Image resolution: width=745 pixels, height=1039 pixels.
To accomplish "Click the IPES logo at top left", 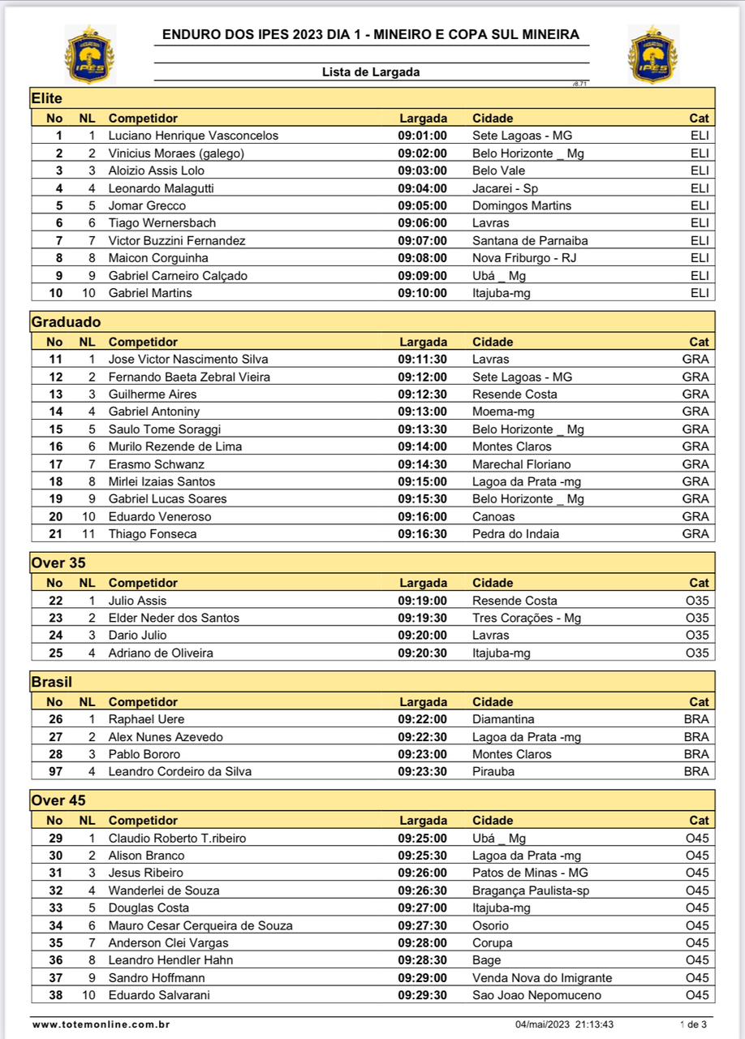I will [x=89, y=54].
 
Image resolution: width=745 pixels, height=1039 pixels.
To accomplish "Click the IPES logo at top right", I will [x=652, y=54].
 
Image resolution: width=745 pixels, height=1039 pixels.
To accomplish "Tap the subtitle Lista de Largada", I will [x=371, y=72].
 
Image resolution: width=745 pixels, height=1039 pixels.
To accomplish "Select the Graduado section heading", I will [x=66, y=321].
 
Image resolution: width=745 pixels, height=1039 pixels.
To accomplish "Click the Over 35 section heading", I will [x=58, y=562].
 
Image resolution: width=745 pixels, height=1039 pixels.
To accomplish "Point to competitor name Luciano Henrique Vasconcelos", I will [x=193, y=136].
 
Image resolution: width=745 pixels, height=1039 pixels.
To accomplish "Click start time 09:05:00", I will [x=422, y=205].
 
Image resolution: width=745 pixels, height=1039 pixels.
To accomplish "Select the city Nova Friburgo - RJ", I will [x=524, y=258].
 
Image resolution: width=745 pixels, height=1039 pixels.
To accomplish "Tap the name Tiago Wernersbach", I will [x=162, y=223].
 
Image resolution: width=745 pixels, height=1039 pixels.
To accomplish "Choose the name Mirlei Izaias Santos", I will [x=162, y=481].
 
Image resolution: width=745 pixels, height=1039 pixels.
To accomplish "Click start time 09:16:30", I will [x=422, y=534].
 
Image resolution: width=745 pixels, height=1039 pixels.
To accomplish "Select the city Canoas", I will [x=493, y=516].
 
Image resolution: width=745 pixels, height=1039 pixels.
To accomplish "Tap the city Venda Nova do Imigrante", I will [x=542, y=978].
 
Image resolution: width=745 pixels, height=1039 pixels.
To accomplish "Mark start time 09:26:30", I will [x=422, y=890].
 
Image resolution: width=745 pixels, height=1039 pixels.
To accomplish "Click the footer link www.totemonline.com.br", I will [x=101, y=1024].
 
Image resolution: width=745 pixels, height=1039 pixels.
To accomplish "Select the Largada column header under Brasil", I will [x=423, y=702].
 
